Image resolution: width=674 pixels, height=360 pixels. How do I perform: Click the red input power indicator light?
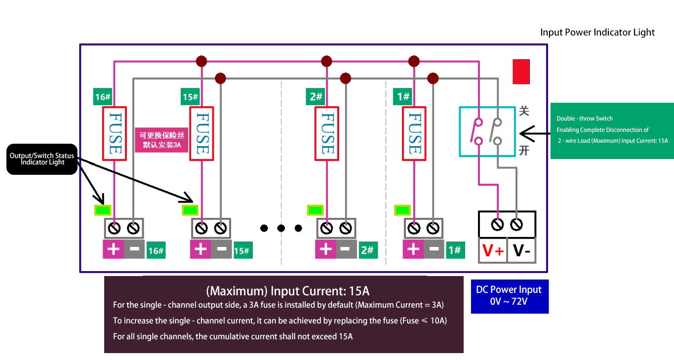tap(521, 72)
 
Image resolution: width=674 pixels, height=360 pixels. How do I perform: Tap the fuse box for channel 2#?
tap(326, 134)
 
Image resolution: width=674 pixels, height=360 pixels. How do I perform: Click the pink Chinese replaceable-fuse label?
tap(161, 140)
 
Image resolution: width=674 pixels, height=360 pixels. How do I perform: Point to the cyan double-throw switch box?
tap(487, 131)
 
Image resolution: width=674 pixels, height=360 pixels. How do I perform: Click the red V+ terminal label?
tap(493, 251)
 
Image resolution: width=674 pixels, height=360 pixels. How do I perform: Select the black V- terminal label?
tap(521, 251)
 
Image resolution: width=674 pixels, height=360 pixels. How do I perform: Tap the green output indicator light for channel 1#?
tap(401, 210)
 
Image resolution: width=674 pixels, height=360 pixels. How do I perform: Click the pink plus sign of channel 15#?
tap(200, 249)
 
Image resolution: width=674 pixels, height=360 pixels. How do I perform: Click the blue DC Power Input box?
tap(509, 295)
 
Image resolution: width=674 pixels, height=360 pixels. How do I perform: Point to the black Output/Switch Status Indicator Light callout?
tap(42, 159)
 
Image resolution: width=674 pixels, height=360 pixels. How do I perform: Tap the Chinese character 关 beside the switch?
tap(524, 111)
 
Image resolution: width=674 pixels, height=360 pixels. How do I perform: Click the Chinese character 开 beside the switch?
tap(524, 150)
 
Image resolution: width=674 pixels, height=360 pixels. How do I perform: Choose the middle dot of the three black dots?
tap(281, 228)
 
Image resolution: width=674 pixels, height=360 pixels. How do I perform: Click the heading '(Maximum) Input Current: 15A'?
tap(287, 290)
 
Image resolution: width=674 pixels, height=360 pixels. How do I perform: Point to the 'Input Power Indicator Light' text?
tap(597, 33)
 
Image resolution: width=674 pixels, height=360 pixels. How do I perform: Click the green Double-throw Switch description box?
tap(612, 130)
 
